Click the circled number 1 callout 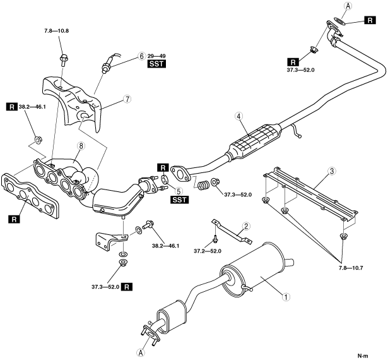click(x=286, y=297)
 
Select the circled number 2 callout click(x=246, y=226)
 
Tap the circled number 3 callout click(x=332, y=171)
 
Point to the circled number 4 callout click(x=239, y=116)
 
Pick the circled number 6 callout click(x=141, y=56)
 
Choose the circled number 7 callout click(x=127, y=99)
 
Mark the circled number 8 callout click(x=81, y=146)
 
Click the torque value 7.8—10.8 click(x=56, y=31)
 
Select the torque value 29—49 click(x=156, y=56)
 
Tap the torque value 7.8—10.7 click(x=350, y=268)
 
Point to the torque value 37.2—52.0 click(x=208, y=251)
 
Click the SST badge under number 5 click(x=179, y=200)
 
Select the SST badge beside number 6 click(x=156, y=64)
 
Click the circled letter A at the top click(x=348, y=7)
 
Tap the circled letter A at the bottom click(x=141, y=352)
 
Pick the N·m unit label click(x=363, y=356)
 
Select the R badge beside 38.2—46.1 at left click(x=11, y=107)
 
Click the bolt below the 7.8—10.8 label click(x=63, y=60)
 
